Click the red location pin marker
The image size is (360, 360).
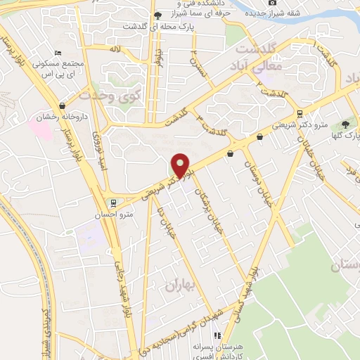[x=181, y=165]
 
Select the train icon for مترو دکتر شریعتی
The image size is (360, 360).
[x=300, y=114]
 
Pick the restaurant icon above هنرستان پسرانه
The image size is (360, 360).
[x=218, y=336]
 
